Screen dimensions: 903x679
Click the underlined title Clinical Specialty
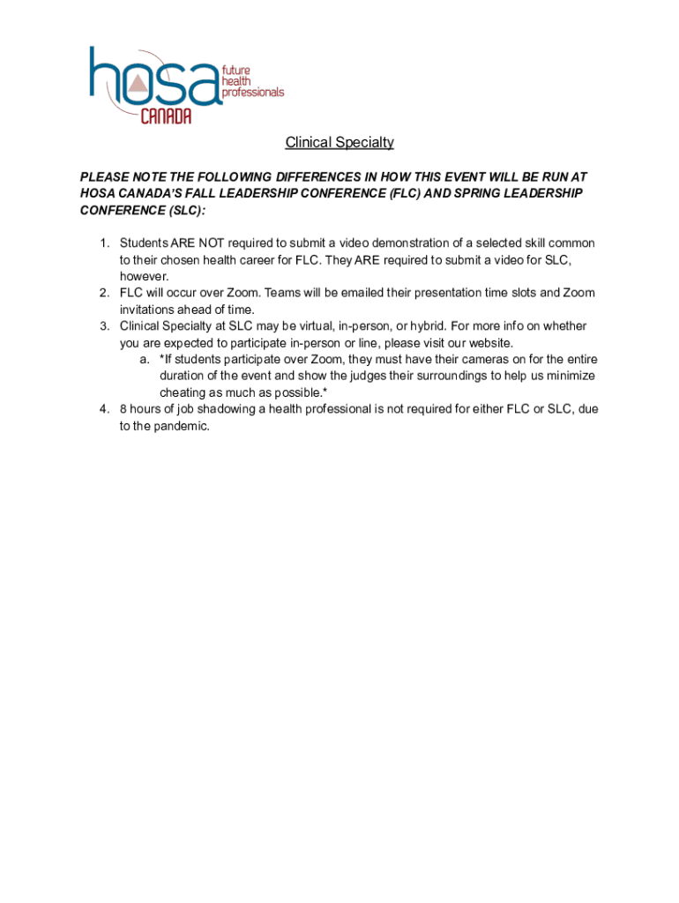(339, 143)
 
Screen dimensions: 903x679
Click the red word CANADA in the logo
(166, 116)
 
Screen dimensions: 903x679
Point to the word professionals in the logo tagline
(253, 92)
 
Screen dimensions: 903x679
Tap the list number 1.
(103, 243)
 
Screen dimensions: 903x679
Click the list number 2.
(103, 293)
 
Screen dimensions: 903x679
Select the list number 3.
(103, 326)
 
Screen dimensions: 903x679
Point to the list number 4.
(103, 409)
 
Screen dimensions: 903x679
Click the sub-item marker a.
(144, 359)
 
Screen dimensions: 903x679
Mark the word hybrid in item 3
(425, 326)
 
